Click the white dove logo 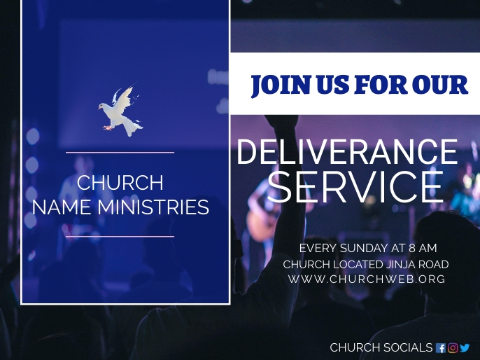120,111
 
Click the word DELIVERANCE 347,152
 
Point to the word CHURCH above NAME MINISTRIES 120,183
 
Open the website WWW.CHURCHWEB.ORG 366,279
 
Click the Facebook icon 440,348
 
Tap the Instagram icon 453,348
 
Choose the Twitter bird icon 465,348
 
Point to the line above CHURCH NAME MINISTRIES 120,152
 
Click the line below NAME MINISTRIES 120,237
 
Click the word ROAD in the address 434,264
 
